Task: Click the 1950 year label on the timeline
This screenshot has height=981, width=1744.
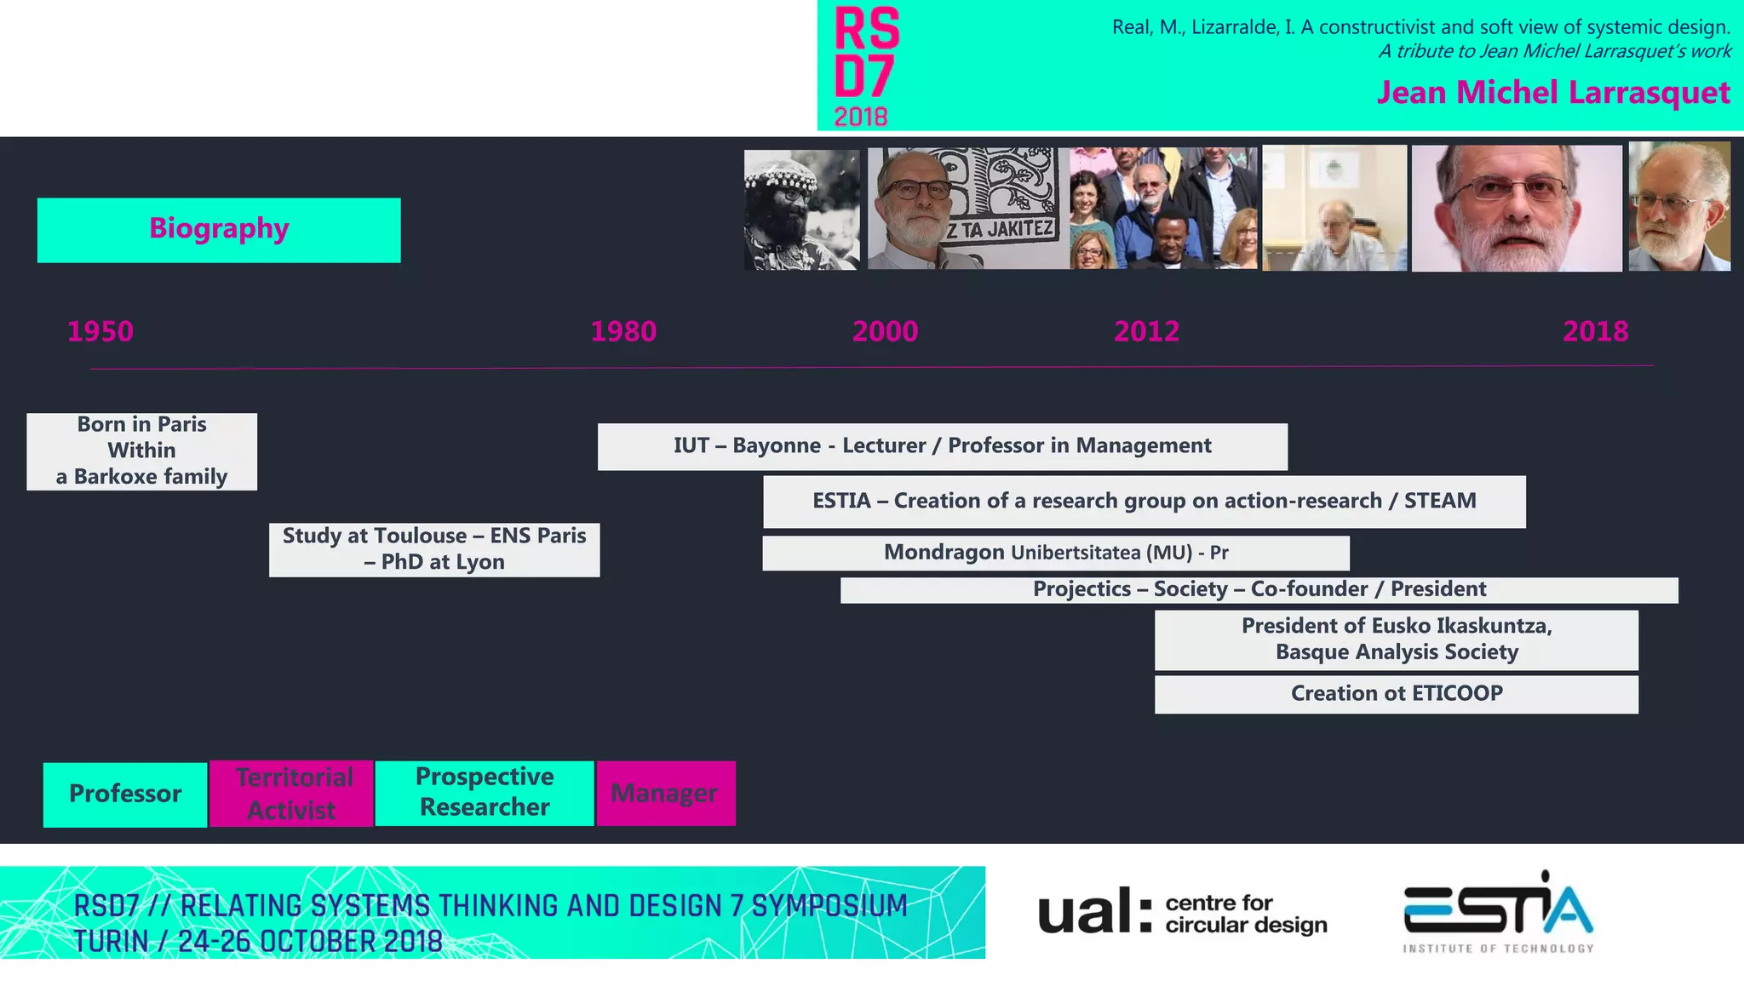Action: (100, 331)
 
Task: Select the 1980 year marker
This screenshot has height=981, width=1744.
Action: (623, 331)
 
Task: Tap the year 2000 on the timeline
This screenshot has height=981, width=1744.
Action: (885, 331)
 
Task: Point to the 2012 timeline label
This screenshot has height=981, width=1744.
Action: (1146, 331)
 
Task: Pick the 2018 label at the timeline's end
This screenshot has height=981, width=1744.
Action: (1595, 331)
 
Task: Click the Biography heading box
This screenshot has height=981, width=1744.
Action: (219, 230)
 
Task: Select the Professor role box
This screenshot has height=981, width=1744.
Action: (125, 794)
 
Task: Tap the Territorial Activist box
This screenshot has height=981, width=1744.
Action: (292, 794)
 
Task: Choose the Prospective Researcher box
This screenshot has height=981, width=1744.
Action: (485, 793)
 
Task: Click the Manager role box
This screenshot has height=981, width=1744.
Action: (665, 794)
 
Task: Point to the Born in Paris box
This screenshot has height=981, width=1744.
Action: (142, 451)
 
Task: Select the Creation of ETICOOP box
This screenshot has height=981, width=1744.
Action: (1396, 694)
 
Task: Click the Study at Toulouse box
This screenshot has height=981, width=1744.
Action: (434, 549)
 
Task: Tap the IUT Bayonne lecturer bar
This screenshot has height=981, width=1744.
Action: (942, 446)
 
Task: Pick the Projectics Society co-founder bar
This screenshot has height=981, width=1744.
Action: (1259, 589)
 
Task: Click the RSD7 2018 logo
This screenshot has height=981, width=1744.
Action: (866, 66)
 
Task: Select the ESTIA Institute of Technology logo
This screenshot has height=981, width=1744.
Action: (1498, 912)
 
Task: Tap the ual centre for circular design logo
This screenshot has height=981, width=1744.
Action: (1182, 912)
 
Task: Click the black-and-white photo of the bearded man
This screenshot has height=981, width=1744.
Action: (801, 209)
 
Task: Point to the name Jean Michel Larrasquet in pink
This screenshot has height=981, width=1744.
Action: (1552, 93)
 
